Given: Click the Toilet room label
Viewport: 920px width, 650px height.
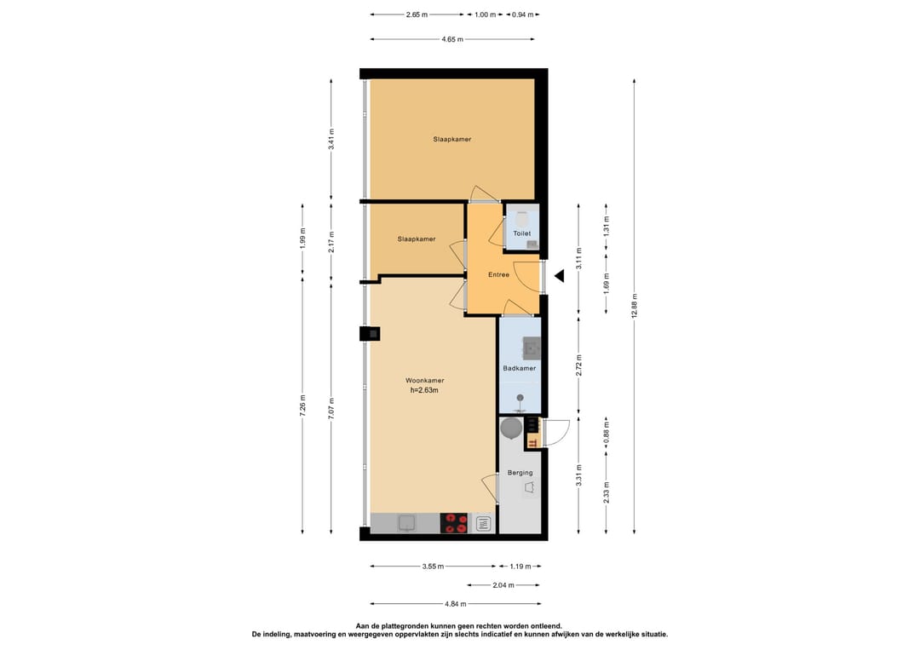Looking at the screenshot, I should pos(522,233).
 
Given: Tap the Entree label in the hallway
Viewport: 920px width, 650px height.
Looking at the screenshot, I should pos(498,274).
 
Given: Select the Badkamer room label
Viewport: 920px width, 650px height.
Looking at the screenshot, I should pos(519,368).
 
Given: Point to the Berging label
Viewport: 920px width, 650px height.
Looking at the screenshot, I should pos(520,473).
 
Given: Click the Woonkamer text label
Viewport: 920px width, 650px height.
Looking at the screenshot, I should pos(424,380).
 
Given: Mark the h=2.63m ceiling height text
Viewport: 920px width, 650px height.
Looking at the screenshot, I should pos(424,390).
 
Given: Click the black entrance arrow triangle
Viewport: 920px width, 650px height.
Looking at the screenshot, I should pos(559,276).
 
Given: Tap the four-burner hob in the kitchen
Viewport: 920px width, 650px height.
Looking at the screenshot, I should pos(454,523).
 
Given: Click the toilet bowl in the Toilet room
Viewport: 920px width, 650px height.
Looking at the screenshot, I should pos(522,218).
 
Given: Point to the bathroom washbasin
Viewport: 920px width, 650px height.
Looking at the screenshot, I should pos(532,347).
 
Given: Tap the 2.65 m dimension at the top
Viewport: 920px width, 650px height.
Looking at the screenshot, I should pos(417,14).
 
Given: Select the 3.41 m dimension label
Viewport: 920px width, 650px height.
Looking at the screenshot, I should pos(332,139).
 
